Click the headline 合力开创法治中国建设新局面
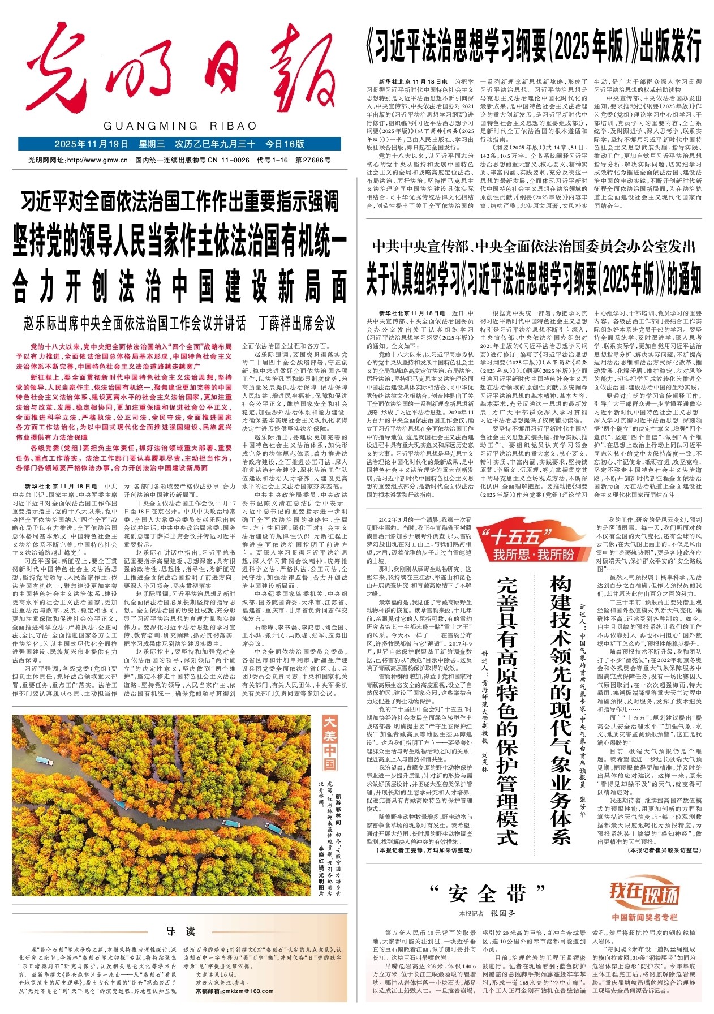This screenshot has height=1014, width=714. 180,287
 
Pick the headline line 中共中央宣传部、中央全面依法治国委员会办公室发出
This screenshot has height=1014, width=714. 533,247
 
